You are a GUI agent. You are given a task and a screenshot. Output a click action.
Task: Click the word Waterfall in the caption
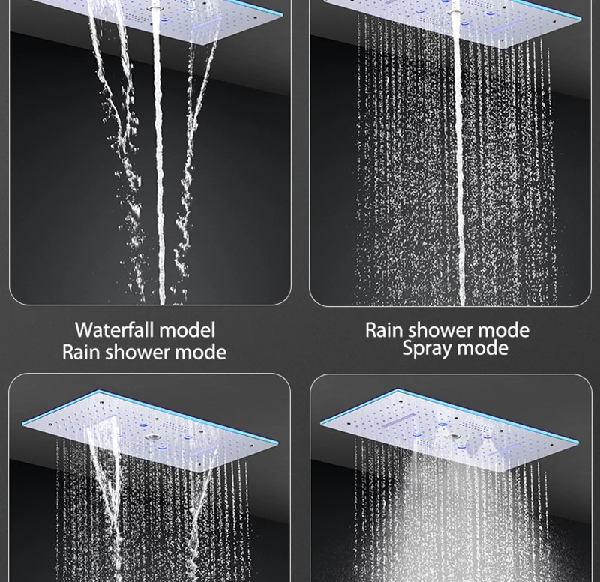coord(114,329)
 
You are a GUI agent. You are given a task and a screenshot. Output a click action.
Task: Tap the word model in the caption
coord(187,329)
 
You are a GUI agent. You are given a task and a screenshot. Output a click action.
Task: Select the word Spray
coord(427,349)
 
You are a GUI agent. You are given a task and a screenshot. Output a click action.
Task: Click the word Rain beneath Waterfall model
coord(81,352)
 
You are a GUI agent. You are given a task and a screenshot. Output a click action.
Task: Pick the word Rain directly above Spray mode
coord(384,330)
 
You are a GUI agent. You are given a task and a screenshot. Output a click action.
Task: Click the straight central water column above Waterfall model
coord(159,153)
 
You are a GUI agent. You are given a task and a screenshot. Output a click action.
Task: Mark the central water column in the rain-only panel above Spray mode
coord(459,153)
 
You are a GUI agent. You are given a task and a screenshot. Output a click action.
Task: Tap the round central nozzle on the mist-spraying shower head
coord(454,436)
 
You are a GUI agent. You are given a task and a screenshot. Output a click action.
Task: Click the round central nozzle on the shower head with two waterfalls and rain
coord(152,437)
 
